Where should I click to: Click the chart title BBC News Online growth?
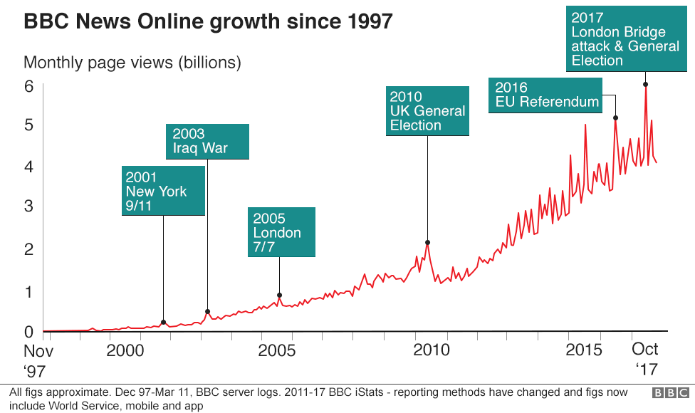click(208, 21)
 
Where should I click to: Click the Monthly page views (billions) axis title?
click(132, 63)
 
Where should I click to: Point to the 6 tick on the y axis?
click(29, 86)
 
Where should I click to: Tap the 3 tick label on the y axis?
click(29, 206)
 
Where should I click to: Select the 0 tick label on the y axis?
click(29, 331)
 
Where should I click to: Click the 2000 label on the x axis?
click(125, 350)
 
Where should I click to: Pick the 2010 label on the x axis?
click(432, 350)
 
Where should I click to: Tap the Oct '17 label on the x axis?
click(645, 360)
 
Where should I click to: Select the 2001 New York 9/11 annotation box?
click(163, 191)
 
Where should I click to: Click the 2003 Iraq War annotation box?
click(207, 141)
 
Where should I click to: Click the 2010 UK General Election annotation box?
click(427, 110)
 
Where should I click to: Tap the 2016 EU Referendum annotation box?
click(547, 95)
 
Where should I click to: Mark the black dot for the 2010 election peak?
click(427, 243)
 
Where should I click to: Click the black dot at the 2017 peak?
click(645, 84)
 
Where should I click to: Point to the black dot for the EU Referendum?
click(616, 117)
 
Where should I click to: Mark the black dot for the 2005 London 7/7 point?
click(279, 295)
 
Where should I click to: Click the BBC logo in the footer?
click(670, 392)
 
